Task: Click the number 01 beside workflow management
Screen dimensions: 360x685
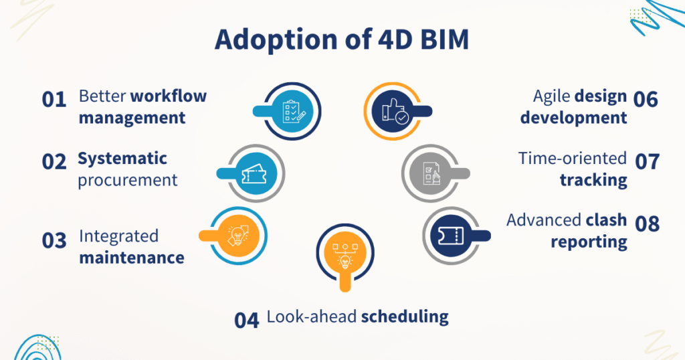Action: click(x=54, y=100)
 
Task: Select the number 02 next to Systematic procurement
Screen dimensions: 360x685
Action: click(x=54, y=161)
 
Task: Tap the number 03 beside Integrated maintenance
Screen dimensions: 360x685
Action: click(x=54, y=240)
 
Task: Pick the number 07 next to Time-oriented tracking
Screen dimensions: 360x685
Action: click(x=646, y=161)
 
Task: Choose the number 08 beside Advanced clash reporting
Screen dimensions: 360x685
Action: click(x=646, y=223)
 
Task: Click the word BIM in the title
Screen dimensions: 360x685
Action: click(x=438, y=40)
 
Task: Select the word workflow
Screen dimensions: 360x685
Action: click(x=169, y=96)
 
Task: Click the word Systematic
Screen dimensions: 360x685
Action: click(x=122, y=159)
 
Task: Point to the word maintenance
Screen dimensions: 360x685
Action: click(x=132, y=257)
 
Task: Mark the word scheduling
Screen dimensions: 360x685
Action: click(x=405, y=316)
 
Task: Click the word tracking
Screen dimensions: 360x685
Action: click(x=593, y=179)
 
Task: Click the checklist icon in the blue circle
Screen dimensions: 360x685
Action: click(x=292, y=111)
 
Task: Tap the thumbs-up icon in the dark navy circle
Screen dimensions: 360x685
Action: click(x=393, y=111)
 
